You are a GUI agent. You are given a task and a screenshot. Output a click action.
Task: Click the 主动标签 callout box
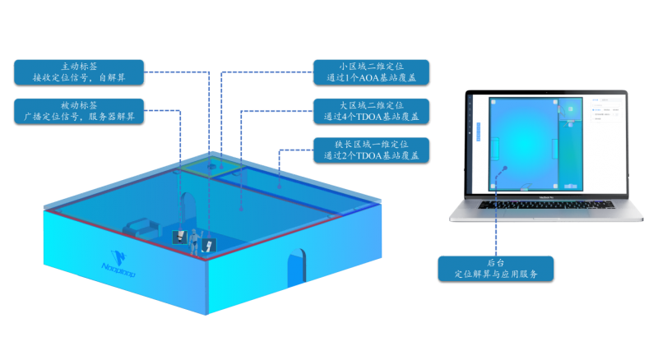(80, 71)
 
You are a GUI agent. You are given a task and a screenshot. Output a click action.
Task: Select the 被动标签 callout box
(80, 111)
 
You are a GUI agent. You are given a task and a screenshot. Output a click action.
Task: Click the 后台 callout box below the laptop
(496, 268)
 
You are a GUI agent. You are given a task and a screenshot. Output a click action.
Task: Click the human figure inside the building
(195, 241)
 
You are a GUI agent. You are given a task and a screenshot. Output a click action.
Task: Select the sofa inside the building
(140, 224)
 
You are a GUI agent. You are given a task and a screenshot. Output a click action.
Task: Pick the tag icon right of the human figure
(209, 244)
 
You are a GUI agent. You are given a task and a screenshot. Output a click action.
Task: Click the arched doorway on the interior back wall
(188, 206)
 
